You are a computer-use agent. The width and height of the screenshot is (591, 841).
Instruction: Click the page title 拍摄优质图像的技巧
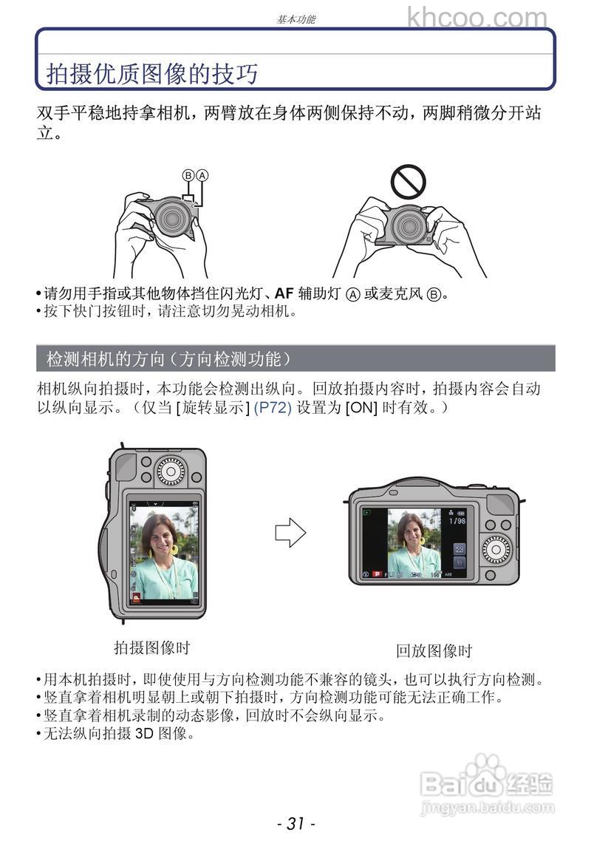point(152,74)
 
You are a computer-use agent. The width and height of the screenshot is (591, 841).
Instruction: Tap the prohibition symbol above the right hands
point(408,181)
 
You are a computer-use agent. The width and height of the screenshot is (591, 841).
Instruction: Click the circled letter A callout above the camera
point(202,175)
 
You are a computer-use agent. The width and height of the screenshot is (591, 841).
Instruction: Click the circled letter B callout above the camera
point(188,175)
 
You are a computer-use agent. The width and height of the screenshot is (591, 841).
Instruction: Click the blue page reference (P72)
point(273,407)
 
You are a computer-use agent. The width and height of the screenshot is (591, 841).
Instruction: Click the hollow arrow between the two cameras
point(290,532)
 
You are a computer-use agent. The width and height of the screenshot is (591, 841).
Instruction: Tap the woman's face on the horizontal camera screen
point(409,529)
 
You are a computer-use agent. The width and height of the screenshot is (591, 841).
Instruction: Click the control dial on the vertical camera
point(171,471)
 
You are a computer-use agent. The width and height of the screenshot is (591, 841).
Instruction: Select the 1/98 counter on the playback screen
point(457,520)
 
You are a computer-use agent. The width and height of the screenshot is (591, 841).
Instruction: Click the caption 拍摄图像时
point(151,648)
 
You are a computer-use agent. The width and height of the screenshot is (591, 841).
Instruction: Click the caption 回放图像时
point(433,651)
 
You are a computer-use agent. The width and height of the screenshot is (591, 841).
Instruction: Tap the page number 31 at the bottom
point(295,823)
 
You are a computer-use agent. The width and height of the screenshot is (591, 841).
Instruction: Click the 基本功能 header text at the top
point(295,20)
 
